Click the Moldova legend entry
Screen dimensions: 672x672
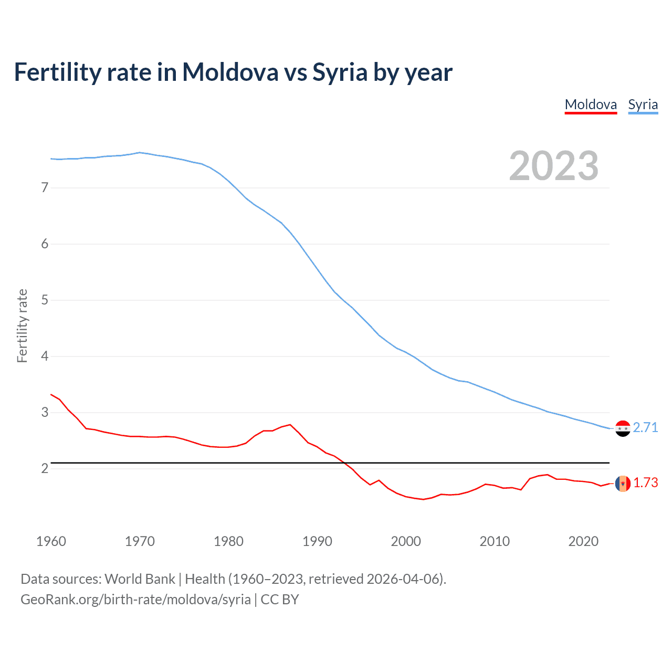591,104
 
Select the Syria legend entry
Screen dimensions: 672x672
643,104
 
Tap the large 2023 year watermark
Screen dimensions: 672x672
553,166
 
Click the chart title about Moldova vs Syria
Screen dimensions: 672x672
233,72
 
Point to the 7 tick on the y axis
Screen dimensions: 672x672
45,187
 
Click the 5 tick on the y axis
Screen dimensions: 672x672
45,300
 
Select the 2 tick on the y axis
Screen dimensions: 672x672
45,468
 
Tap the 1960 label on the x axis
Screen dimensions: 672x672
51,541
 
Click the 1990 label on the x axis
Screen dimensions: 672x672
317,541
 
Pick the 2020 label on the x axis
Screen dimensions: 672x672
583,541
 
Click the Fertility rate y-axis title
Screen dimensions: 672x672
22,325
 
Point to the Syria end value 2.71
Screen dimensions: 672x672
645,428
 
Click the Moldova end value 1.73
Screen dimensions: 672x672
645,483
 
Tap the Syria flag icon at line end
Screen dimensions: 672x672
623,428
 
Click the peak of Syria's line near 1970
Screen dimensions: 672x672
140,152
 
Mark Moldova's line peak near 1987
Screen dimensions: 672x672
290,424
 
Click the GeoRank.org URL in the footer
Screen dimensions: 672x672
135,600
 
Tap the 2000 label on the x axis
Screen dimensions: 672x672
406,541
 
